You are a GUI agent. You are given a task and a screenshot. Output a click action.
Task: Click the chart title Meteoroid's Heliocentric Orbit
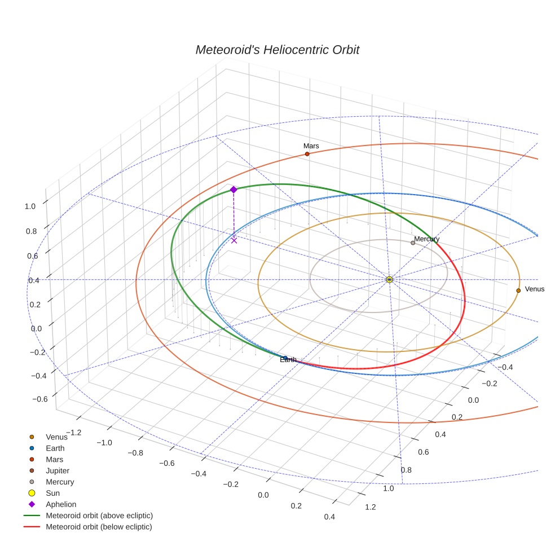277,50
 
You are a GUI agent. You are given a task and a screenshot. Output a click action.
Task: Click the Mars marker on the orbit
307,154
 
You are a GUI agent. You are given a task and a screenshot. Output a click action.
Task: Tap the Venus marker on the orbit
518,290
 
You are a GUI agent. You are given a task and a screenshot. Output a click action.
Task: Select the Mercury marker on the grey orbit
413,243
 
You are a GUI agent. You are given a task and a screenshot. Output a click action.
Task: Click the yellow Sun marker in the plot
389,279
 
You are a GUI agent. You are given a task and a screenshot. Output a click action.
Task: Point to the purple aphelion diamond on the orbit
234,190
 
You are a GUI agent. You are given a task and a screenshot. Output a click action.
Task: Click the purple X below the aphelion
234,240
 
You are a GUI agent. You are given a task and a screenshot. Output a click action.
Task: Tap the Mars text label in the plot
311,146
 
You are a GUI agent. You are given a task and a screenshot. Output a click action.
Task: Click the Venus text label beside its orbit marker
535,289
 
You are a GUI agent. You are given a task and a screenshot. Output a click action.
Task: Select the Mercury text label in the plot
426,239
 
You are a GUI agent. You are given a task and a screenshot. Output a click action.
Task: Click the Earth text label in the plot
288,360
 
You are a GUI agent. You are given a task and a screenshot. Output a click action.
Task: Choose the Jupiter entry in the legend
58,470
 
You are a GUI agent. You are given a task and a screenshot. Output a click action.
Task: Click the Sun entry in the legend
52,493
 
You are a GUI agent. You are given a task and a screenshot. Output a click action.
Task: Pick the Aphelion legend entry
61,504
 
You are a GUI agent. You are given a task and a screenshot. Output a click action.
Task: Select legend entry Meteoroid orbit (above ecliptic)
99,516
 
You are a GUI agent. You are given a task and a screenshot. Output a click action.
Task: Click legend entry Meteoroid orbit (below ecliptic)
99,527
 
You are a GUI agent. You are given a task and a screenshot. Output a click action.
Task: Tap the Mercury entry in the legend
60,482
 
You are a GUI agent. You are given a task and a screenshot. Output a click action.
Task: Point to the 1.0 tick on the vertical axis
30,206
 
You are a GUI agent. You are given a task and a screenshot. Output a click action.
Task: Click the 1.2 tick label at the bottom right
371,507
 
